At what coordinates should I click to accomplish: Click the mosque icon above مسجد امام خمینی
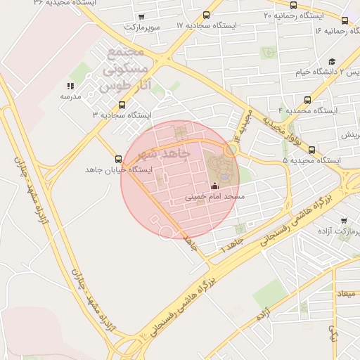point(214,186)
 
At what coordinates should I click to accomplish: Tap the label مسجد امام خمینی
point(214,198)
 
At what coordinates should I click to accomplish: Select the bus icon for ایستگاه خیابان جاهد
point(118,159)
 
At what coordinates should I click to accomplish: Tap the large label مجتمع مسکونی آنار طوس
point(127,71)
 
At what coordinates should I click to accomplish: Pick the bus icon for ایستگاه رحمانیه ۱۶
point(345,20)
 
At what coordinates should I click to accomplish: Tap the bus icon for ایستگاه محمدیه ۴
point(308,100)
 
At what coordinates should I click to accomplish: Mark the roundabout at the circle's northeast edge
point(231,149)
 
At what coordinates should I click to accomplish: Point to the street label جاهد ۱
point(231,245)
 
